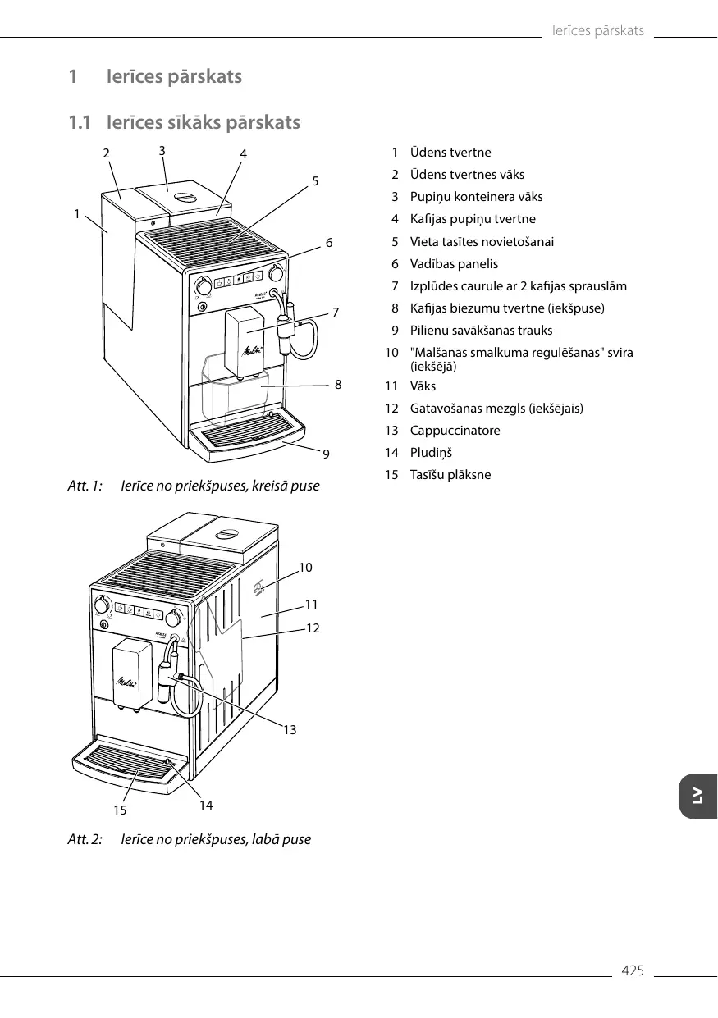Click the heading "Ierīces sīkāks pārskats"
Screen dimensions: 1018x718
coord(203,123)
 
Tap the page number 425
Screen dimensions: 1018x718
coord(633,971)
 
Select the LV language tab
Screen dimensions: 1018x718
coord(697,796)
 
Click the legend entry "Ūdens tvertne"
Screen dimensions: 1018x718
coord(450,153)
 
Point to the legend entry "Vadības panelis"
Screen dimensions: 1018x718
coord(454,264)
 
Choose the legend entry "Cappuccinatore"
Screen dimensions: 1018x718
coord(455,431)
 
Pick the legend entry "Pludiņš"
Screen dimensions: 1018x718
coord(431,453)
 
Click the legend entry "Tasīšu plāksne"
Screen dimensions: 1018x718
coord(450,475)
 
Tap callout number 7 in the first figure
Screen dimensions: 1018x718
coord(336,312)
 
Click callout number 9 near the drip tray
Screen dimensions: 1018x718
coord(326,453)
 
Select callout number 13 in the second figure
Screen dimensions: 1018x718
coord(290,729)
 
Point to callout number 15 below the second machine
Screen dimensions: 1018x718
coord(121,810)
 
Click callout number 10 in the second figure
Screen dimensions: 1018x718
coord(305,567)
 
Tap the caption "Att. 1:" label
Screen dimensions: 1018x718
coord(85,486)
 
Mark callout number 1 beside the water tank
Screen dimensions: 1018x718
coord(76,213)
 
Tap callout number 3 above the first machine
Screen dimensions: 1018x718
coord(162,150)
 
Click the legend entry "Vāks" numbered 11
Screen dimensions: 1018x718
coord(423,386)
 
